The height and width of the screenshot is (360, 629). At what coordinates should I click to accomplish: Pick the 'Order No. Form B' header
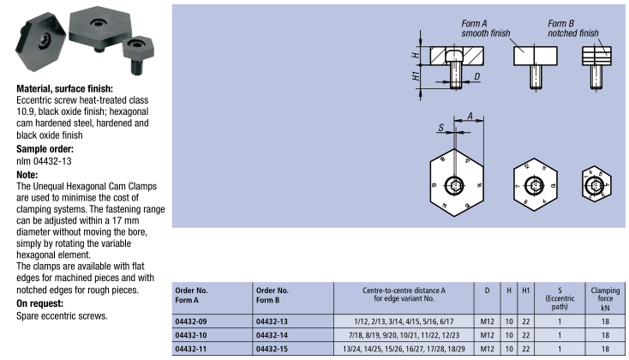(276, 295)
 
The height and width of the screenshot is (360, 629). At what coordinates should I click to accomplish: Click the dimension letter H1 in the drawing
(416, 76)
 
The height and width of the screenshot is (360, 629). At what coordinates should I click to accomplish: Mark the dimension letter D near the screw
(476, 77)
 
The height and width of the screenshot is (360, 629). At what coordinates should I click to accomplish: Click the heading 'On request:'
(42, 304)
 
